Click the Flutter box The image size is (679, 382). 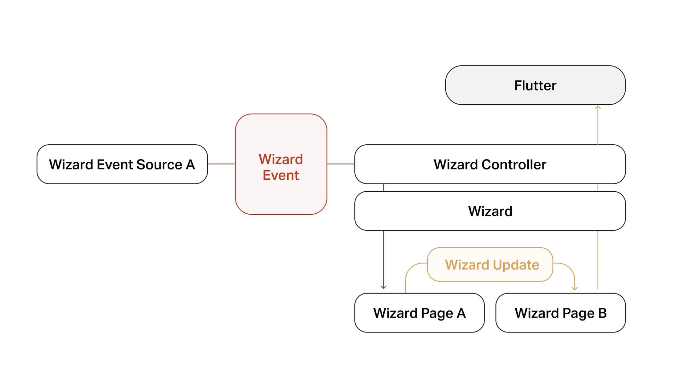(x=535, y=85)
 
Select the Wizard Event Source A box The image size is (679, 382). (x=122, y=164)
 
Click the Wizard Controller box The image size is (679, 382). (x=490, y=164)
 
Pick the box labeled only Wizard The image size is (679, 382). (x=490, y=211)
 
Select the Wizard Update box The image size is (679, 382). (x=492, y=265)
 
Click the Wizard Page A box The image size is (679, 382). (x=419, y=313)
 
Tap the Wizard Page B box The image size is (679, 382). (x=561, y=313)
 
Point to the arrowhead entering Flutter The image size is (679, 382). (x=598, y=108)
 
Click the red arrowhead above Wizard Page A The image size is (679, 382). (x=383, y=287)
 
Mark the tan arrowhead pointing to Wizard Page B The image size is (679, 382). (x=575, y=288)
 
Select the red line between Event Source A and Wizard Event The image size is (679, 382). (x=221, y=164)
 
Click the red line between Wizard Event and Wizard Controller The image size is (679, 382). (x=341, y=164)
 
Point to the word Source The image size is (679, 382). (x=159, y=164)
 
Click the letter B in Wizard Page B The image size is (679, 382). (x=602, y=313)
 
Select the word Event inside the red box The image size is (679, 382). (x=281, y=175)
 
